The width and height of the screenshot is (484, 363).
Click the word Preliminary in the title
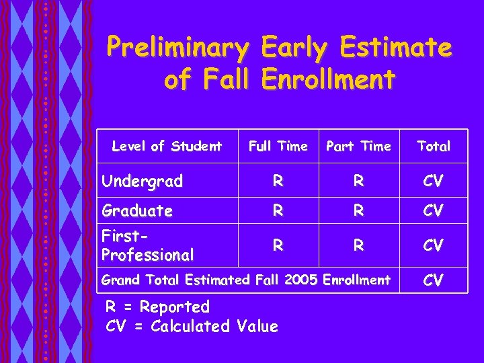(178, 48)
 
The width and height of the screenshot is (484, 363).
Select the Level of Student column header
(167, 146)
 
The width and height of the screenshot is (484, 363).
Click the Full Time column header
(278, 146)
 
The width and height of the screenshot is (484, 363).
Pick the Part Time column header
(358, 146)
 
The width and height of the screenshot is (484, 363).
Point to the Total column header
(434, 146)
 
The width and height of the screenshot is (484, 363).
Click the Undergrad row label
(142, 181)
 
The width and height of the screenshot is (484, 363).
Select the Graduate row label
(137, 211)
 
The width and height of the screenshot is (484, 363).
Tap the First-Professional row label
(147, 245)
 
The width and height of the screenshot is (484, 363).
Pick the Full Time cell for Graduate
(278, 210)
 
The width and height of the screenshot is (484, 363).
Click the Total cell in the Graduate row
(434, 210)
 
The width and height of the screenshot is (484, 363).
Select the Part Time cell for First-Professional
(358, 245)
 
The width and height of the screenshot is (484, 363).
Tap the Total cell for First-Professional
(434, 245)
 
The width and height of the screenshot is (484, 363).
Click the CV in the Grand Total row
(434, 280)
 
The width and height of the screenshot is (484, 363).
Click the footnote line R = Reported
(158, 307)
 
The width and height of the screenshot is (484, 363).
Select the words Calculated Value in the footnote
(214, 327)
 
